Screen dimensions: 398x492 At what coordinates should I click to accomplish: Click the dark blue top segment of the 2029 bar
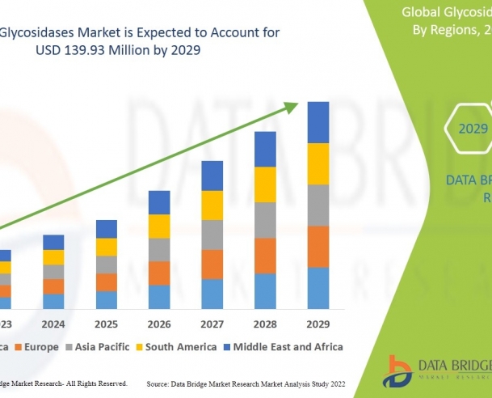tap(318, 122)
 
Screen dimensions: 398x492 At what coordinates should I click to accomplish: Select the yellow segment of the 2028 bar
tap(265, 184)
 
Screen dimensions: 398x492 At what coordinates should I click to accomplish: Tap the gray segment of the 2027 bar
tap(212, 235)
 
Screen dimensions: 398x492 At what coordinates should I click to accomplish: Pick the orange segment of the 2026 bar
tap(159, 273)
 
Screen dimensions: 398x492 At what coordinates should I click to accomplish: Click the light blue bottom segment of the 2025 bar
tap(106, 299)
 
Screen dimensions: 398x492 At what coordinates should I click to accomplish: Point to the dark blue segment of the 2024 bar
tap(53, 242)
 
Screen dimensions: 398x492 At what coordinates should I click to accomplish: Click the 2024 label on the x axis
tap(53, 324)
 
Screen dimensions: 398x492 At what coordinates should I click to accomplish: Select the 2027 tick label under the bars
tap(212, 324)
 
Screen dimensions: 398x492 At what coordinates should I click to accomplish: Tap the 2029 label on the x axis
tap(318, 324)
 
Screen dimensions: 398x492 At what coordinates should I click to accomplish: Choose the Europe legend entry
tap(40, 346)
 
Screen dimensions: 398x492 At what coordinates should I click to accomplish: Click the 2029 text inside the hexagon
tap(473, 129)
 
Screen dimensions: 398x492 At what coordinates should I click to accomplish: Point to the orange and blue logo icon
tap(399, 370)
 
